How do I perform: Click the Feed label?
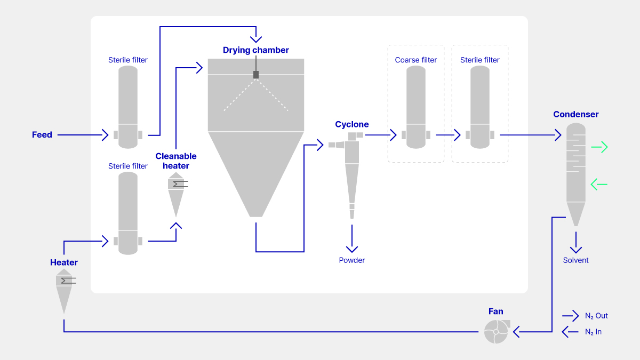click(x=42, y=135)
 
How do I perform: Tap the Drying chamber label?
click(x=256, y=50)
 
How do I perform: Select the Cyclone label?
click(x=352, y=124)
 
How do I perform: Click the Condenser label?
click(x=576, y=114)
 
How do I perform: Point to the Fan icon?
click(x=496, y=331)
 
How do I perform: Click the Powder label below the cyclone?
click(x=352, y=260)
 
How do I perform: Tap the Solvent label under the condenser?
click(x=576, y=260)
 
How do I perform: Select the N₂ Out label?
click(x=596, y=316)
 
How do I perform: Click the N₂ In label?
click(x=593, y=332)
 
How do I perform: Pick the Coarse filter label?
click(x=416, y=60)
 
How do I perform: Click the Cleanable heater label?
click(x=176, y=161)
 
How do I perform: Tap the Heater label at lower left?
click(x=64, y=262)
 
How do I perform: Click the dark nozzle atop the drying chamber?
click(x=256, y=75)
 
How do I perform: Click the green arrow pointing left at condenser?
click(x=599, y=185)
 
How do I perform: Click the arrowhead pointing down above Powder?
click(x=352, y=249)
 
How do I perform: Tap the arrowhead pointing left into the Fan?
click(x=517, y=332)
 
